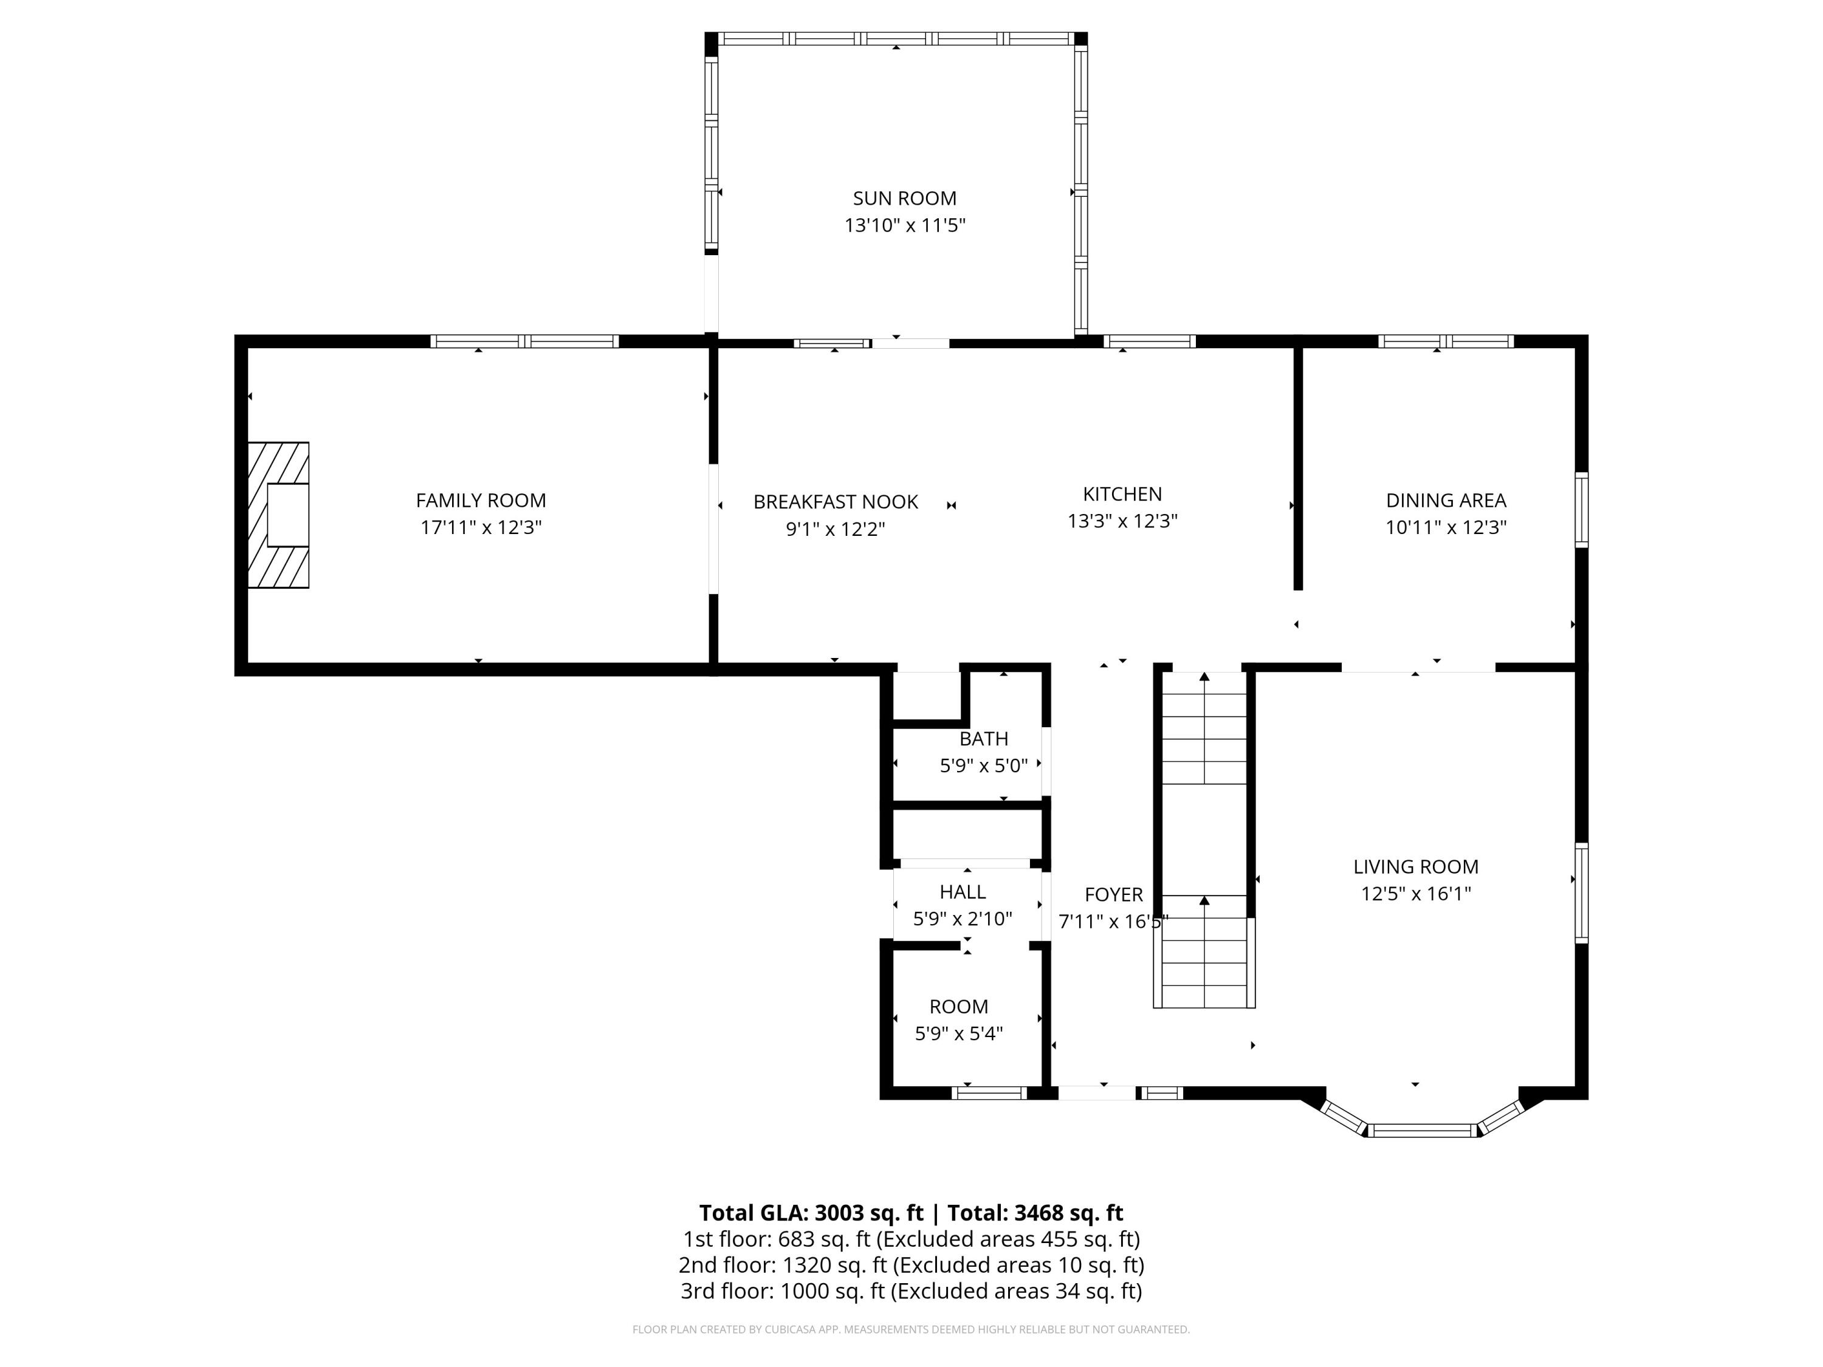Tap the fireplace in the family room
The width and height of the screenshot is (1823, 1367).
278,515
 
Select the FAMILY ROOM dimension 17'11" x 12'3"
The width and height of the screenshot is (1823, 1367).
481,527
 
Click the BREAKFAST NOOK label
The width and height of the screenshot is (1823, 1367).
835,502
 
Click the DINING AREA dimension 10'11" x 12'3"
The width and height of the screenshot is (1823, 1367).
1446,527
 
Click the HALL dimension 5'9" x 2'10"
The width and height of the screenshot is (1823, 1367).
962,919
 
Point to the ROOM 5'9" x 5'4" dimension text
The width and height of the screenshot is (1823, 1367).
958,1033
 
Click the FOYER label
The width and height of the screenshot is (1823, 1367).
1113,894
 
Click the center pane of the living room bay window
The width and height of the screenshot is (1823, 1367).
1423,1131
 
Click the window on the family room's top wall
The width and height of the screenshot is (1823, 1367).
524,341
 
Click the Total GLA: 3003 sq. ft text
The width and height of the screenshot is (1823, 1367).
811,1213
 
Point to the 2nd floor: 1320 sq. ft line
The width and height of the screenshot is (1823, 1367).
911,1265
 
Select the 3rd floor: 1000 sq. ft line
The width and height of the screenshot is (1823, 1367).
911,1291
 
